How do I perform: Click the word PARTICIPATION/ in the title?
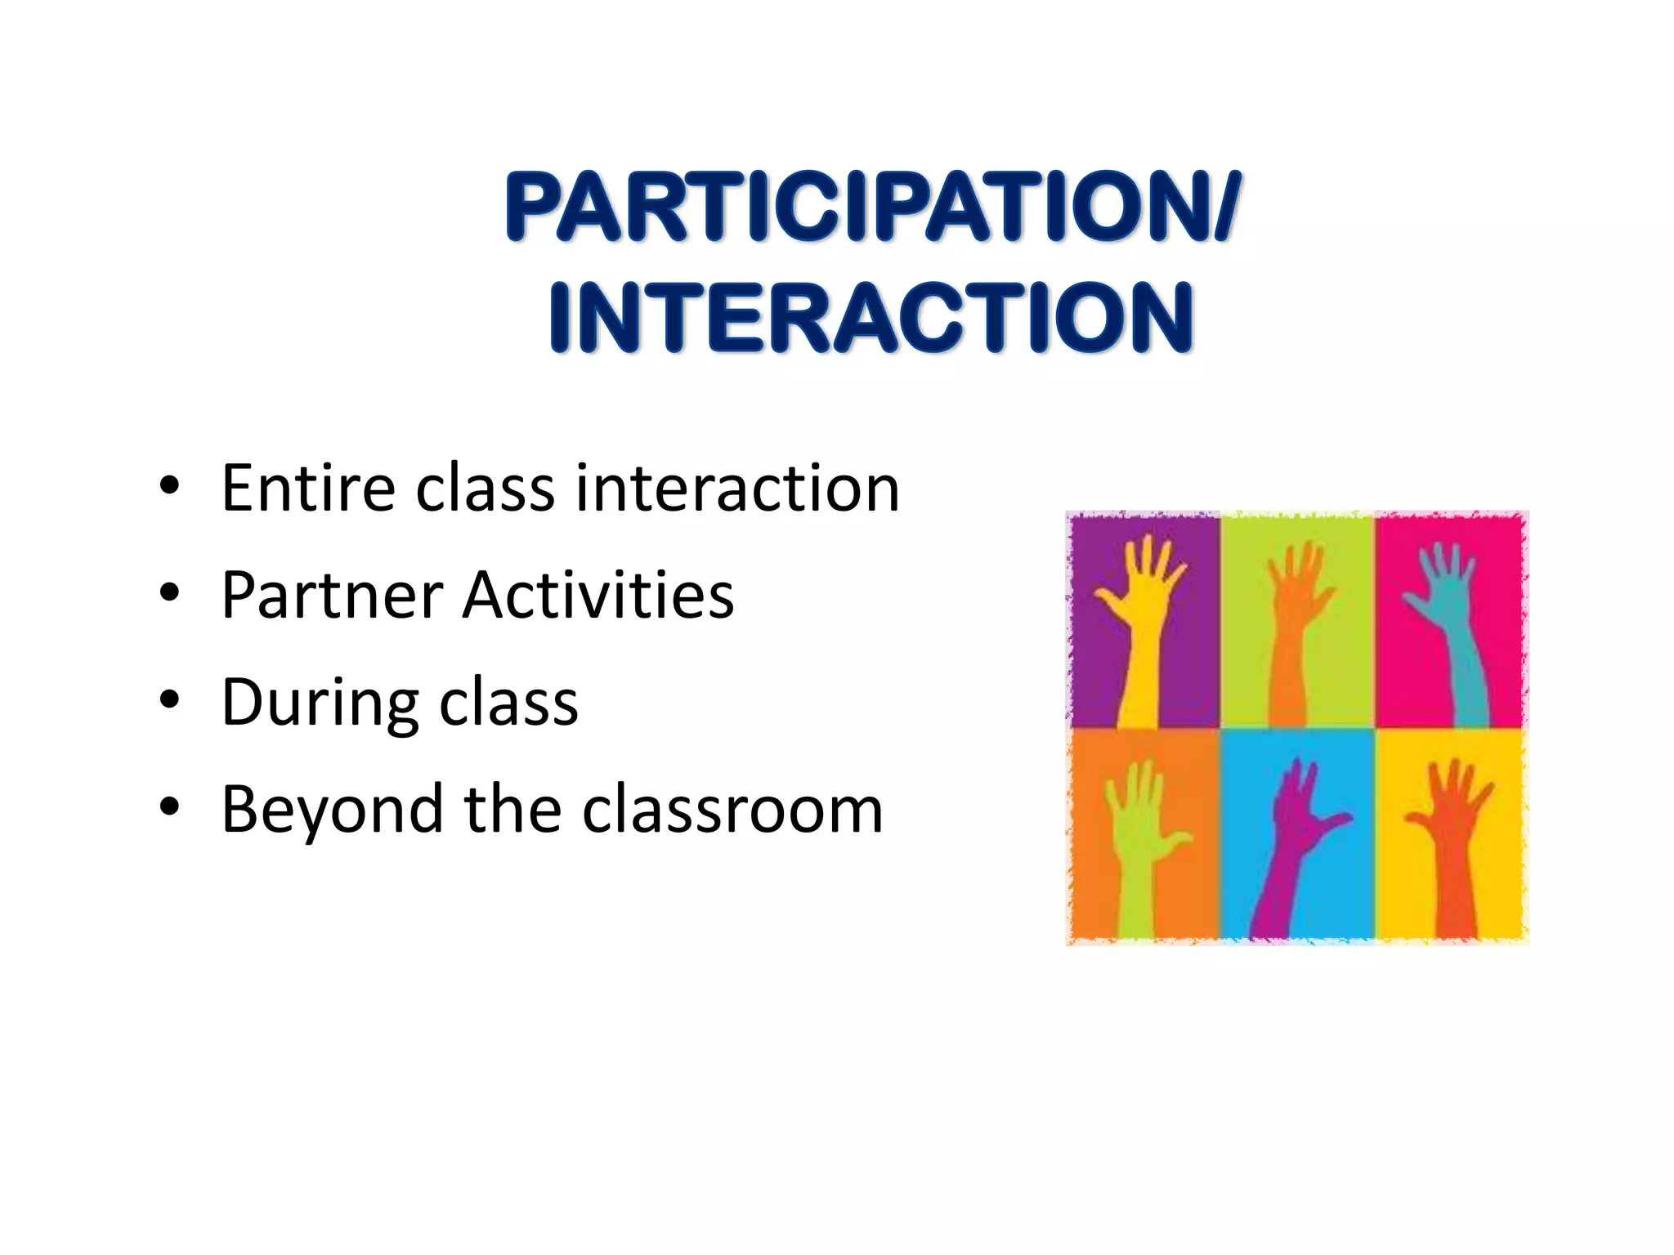click(x=873, y=207)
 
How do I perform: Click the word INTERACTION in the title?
click(x=871, y=318)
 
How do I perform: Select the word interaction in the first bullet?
click(x=737, y=488)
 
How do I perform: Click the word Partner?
click(x=332, y=595)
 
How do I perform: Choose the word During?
click(x=319, y=703)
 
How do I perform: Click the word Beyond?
click(x=331, y=810)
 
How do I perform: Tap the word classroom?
click(x=732, y=810)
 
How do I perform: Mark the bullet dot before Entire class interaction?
click(x=169, y=488)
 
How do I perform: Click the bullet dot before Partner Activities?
click(x=169, y=595)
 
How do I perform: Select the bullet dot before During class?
click(x=169, y=702)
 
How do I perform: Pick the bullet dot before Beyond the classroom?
click(x=169, y=809)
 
